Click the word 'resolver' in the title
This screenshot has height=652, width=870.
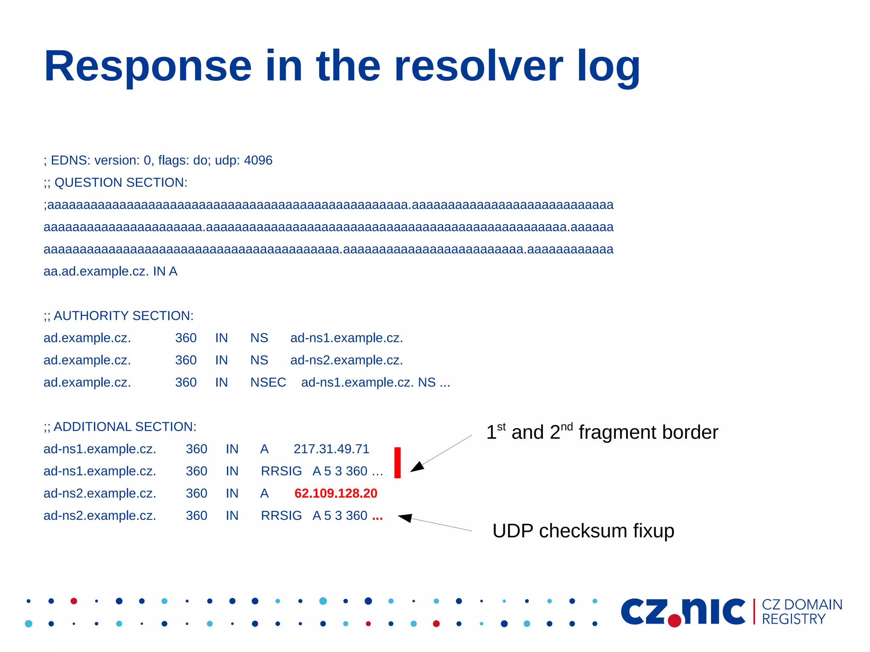[x=478, y=67]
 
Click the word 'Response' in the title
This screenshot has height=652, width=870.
[x=148, y=67]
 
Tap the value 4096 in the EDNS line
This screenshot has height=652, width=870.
[x=258, y=160]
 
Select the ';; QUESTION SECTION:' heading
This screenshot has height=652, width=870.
[x=115, y=183]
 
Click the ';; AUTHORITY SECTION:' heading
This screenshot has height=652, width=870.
[x=119, y=316]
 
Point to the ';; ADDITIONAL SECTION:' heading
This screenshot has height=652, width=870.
[x=120, y=426]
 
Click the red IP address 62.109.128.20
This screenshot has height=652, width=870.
[x=336, y=493]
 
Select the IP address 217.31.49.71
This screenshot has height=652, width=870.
[x=331, y=449]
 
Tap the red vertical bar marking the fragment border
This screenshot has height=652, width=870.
[x=397, y=463]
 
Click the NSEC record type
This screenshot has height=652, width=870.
[x=268, y=382]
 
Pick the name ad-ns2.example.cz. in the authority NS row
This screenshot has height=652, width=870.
[x=346, y=360]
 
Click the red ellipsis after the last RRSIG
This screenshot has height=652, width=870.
[x=377, y=517]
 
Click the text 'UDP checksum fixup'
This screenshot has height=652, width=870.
[x=583, y=531]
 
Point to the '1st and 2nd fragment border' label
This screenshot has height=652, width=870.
[x=602, y=432]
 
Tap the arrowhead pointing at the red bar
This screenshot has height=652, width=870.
[x=417, y=467]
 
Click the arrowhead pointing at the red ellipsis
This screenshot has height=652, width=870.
[x=405, y=518]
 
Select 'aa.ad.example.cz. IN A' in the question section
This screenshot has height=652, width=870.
[x=110, y=271]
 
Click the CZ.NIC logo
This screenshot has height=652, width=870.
[x=683, y=612]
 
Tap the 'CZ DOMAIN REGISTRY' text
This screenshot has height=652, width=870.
[x=801, y=612]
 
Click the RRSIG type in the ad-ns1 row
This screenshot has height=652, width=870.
[x=281, y=471]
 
